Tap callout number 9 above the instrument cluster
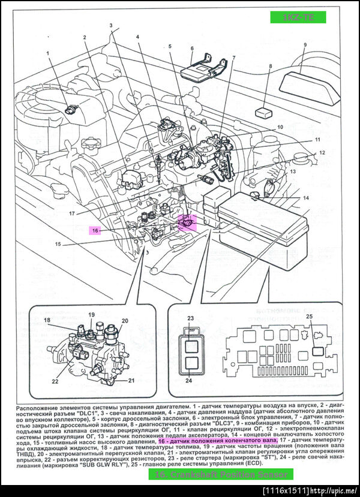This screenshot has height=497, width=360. pos(305,45)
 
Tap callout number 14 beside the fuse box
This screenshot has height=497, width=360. pos(305,198)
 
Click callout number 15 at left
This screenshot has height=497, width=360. pos(58,244)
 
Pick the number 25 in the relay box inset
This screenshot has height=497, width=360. pos(309,316)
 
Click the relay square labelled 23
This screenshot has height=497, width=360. pos(191,346)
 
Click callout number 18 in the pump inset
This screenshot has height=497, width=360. pos(47,321)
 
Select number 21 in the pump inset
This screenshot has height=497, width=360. pos(131,381)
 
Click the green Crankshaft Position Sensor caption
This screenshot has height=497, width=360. pos(221,474)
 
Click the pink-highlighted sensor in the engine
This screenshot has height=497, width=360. pos(187,222)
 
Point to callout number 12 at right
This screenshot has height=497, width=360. pos(322,153)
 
